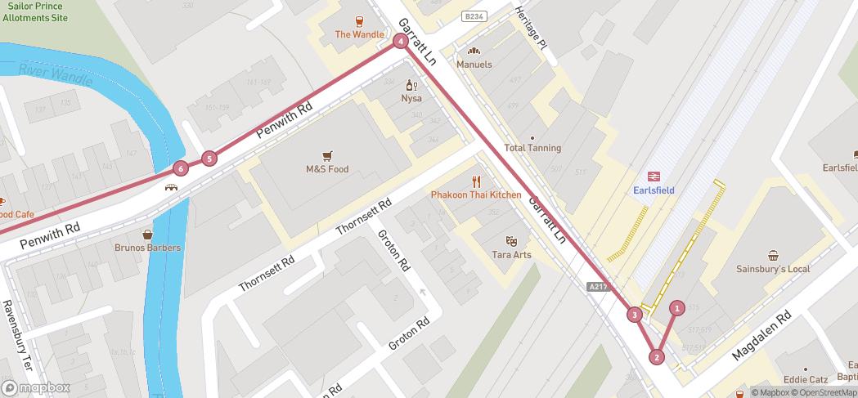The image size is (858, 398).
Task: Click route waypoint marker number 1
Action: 677,308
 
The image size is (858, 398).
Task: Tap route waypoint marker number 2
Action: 657,356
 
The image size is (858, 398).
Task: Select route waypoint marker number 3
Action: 635,315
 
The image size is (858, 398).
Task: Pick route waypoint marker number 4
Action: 401,41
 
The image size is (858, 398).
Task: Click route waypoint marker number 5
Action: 210,159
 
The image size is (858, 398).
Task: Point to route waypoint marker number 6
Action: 181,169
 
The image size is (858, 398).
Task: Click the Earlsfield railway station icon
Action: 654,176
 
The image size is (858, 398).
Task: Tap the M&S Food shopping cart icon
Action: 327,155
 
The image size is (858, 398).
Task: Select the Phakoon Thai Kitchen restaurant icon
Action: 476,181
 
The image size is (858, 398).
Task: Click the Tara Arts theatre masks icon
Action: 511,241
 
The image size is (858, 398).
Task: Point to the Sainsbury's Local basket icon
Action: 773,255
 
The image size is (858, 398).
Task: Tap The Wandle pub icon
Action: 359,21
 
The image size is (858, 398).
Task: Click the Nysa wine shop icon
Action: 411,85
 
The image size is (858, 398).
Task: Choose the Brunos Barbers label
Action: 148,248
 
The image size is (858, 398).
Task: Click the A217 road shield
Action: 599,287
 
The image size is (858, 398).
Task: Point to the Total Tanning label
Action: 532,148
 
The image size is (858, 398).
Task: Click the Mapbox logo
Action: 36,387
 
